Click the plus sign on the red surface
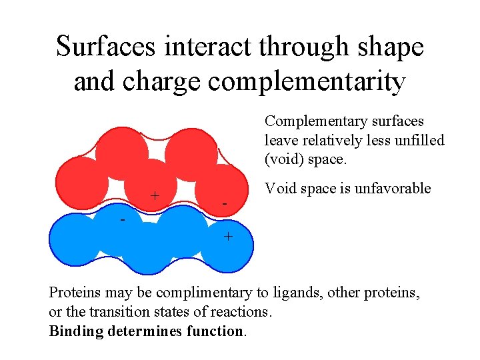(x=155, y=195)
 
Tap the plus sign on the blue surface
(x=228, y=236)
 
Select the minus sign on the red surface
(x=225, y=203)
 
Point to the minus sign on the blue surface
(x=123, y=219)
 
